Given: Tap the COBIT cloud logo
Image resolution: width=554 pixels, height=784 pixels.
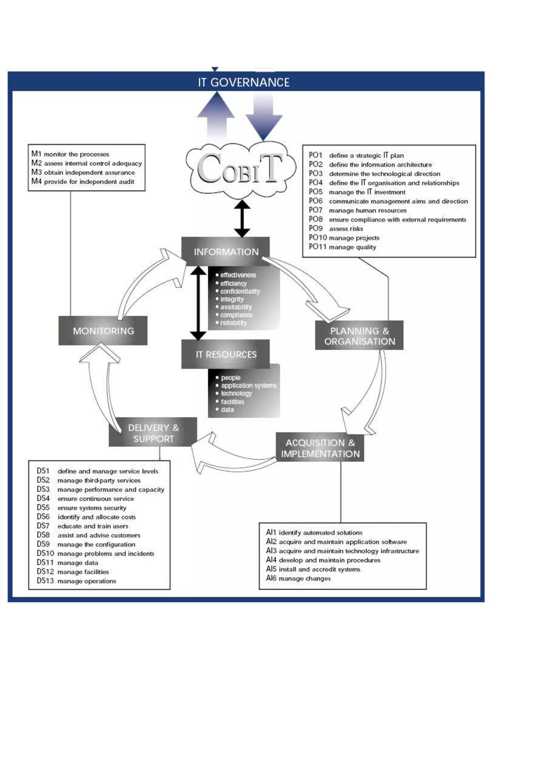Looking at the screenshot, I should click(x=240, y=169).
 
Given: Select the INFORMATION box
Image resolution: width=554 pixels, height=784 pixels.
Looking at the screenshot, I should click(x=226, y=252).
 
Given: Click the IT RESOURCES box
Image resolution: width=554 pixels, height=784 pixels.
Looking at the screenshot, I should click(x=226, y=354).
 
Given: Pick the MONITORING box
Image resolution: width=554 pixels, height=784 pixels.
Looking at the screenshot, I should click(x=103, y=331).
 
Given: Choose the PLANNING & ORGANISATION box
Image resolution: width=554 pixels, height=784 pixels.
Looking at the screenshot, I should click(x=359, y=336).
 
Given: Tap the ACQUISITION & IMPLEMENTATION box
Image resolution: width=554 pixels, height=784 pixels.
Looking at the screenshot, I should click(x=320, y=448).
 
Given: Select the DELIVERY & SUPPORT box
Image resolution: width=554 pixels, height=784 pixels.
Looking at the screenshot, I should click(x=153, y=433).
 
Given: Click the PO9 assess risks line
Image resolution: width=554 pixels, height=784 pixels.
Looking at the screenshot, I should click(x=336, y=228).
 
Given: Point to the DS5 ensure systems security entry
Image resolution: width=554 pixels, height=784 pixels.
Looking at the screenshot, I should click(x=82, y=508).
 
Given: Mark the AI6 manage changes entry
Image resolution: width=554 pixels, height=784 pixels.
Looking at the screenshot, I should click(x=298, y=578).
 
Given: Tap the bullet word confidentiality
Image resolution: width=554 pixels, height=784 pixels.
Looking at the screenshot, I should click(x=240, y=291).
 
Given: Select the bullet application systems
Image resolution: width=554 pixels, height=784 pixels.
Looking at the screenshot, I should click(x=248, y=386).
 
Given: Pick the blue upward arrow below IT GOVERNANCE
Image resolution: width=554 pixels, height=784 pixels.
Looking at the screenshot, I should click(x=216, y=115).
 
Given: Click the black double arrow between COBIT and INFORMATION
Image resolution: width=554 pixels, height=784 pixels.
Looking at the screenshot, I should click(x=242, y=218).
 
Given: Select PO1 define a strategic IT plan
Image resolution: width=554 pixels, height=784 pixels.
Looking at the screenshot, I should click(x=357, y=155).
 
